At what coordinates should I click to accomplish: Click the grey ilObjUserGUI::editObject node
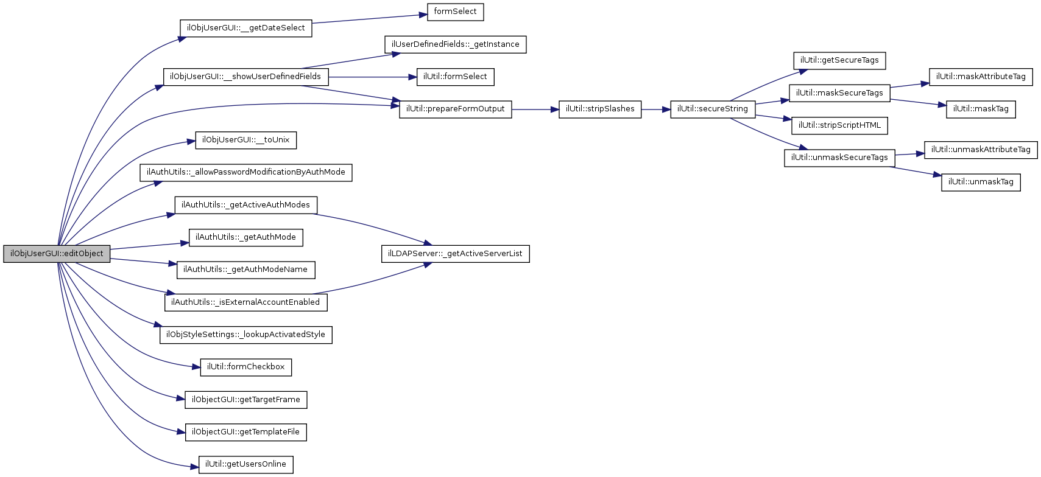pyautogui.click(x=57, y=254)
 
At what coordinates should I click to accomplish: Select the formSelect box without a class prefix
pyautogui.click(x=455, y=12)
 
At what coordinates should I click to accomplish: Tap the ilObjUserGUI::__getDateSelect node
pyautogui.click(x=245, y=28)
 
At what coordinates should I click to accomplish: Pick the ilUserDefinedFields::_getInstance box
pyautogui.click(x=455, y=44)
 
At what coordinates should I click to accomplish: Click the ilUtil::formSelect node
pyautogui.click(x=455, y=77)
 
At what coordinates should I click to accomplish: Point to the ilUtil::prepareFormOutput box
pyautogui.click(x=455, y=109)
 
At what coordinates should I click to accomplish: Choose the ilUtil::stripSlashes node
pyautogui.click(x=599, y=109)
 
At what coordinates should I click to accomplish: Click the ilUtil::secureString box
pyautogui.click(x=712, y=109)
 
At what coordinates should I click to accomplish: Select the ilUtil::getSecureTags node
pyautogui.click(x=839, y=60)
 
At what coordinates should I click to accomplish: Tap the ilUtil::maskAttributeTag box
pyautogui.click(x=980, y=77)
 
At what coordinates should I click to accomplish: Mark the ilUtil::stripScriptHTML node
pyautogui.click(x=839, y=125)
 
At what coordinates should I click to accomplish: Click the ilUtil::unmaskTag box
pyautogui.click(x=980, y=182)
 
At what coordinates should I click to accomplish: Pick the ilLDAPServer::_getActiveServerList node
pyautogui.click(x=455, y=254)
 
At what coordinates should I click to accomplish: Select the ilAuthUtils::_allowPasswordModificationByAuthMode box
pyautogui.click(x=245, y=172)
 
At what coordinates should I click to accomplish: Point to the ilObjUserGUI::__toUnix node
pyautogui.click(x=245, y=140)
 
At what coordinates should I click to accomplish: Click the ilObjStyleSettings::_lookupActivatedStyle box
pyautogui.click(x=245, y=335)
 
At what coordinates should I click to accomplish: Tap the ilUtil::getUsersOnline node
pyautogui.click(x=245, y=464)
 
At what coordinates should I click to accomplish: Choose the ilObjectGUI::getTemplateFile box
pyautogui.click(x=245, y=432)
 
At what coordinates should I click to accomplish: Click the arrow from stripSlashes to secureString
pyautogui.click(x=655, y=110)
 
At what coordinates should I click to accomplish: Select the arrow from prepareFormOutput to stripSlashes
pyautogui.click(x=535, y=110)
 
